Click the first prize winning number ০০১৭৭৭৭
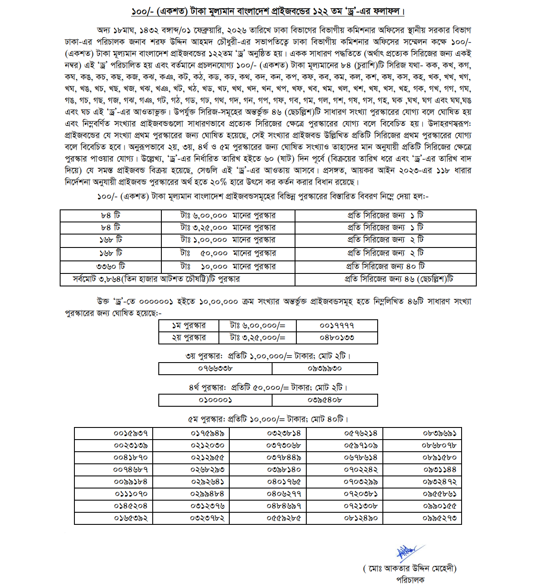coord(337,325)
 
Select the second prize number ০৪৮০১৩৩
coord(337,337)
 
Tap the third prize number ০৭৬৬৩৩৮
coord(215,368)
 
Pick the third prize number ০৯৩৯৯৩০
coord(324,368)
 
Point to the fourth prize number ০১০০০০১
coord(215,400)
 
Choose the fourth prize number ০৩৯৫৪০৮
coord(324,400)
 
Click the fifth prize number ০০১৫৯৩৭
coord(131,433)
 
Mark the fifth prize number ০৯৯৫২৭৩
coord(440,518)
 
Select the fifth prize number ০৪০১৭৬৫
coord(284,482)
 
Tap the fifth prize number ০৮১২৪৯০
coord(361,518)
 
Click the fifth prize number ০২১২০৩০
coord(208,445)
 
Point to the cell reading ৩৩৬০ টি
coord(110,267)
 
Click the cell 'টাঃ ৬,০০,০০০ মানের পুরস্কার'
coord(228,215)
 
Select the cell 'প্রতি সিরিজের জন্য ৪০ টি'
coord(385,267)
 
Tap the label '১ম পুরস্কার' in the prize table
coord(189,325)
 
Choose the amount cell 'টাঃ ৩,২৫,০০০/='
coord(258,337)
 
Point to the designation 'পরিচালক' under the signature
coord(410,580)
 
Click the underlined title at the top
coord(268,11)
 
